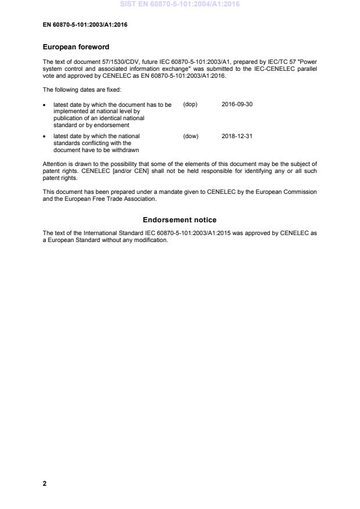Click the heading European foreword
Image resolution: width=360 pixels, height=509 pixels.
(x=76, y=47)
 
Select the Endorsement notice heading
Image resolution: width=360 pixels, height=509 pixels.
(x=179, y=220)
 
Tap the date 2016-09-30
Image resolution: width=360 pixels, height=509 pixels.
(x=237, y=104)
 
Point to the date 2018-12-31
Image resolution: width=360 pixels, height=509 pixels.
(x=237, y=136)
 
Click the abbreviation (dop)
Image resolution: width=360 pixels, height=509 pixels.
(x=190, y=104)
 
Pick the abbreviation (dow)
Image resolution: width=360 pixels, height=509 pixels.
(x=190, y=136)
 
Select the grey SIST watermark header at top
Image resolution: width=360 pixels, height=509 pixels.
(x=179, y=5)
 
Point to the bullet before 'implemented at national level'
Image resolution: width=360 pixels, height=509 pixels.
(x=45, y=104)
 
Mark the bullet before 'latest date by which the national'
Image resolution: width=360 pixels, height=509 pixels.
(x=45, y=136)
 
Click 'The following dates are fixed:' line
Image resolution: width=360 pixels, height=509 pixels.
(x=82, y=89)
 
